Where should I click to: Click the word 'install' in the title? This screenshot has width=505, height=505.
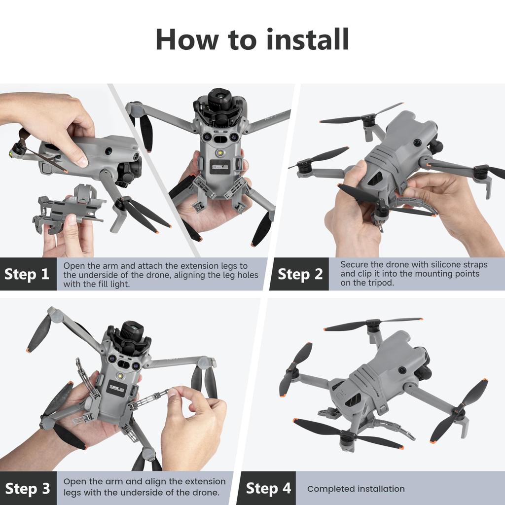point(308,39)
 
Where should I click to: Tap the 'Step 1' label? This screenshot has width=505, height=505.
point(27,274)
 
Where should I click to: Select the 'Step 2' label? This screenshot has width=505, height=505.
point(300,274)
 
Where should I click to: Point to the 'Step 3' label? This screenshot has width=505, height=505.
point(27,488)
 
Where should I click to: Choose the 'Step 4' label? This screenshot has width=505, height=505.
point(268,488)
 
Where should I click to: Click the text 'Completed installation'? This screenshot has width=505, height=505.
point(356,489)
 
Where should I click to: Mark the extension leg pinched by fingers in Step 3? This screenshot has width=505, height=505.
point(150,398)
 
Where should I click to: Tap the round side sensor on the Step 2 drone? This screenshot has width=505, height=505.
point(417,143)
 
